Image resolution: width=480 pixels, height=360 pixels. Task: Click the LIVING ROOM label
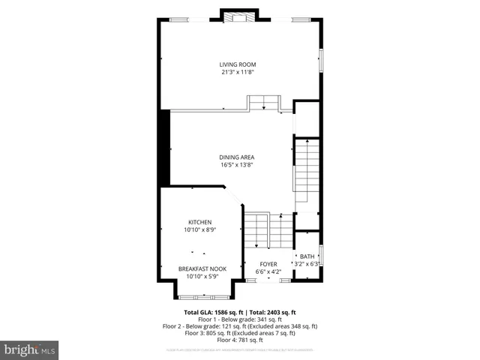pyautogui.click(x=238, y=64)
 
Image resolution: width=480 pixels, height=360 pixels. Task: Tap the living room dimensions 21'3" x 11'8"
pyautogui.click(x=238, y=73)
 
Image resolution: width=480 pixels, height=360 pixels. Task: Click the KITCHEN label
pyautogui.click(x=199, y=222)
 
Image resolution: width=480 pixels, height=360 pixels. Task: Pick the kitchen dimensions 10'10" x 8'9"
pyautogui.click(x=199, y=230)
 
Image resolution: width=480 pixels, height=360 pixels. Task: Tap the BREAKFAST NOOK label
pyautogui.click(x=202, y=268)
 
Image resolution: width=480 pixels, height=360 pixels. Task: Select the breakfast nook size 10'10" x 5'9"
pyautogui.click(x=202, y=276)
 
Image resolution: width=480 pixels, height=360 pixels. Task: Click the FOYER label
pyautogui.click(x=268, y=264)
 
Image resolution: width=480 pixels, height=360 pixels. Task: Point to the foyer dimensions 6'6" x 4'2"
pyautogui.click(x=268, y=271)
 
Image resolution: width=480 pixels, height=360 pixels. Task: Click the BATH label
pyautogui.click(x=307, y=256)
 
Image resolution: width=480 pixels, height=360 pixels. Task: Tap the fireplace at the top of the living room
pyautogui.click(x=239, y=17)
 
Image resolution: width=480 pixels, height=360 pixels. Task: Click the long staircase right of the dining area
pyautogui.click(x=306, y=175)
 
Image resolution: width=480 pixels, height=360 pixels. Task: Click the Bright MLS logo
pyautogui.click(x=29, y=349)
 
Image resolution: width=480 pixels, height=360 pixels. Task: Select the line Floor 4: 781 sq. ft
pyautogui.click(x=239, y=340)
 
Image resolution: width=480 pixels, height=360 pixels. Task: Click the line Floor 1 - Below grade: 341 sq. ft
pyautogui.click(x=239, y=319)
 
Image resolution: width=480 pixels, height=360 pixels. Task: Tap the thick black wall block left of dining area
pyautogui.click(x=165, y=147)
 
